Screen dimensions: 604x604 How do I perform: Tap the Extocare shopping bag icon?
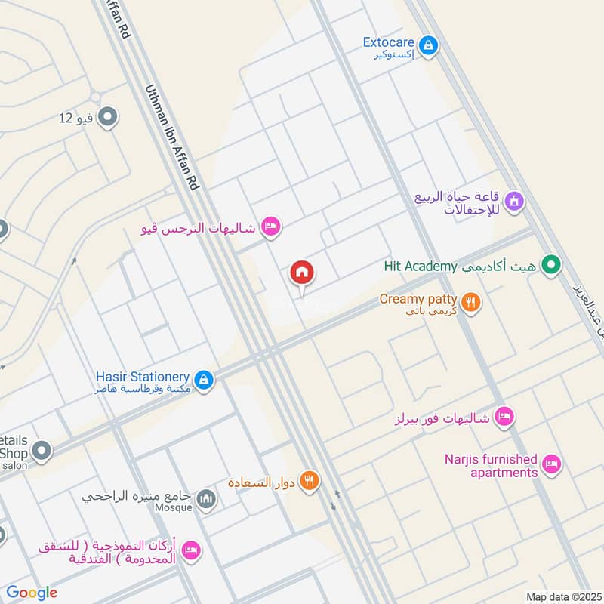(428, 46)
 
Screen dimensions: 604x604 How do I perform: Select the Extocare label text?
(389, 43)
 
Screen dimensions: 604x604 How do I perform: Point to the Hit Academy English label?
(421, 266)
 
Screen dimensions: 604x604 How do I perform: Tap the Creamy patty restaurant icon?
(471, 303)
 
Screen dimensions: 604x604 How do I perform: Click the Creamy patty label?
(418, 300)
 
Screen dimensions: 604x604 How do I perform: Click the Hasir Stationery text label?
(142, 376)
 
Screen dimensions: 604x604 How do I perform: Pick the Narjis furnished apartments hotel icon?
(552, 464)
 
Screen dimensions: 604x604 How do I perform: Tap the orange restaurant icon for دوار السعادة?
(308, 480)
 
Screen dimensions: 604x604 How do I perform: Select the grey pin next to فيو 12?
(108, 117)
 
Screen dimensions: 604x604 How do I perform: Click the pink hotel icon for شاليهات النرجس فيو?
(270, 226)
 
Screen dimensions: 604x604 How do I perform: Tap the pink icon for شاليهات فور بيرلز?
(505, 416)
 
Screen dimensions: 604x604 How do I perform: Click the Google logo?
(32, 593)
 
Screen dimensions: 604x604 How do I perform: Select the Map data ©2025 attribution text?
(562, 597)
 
